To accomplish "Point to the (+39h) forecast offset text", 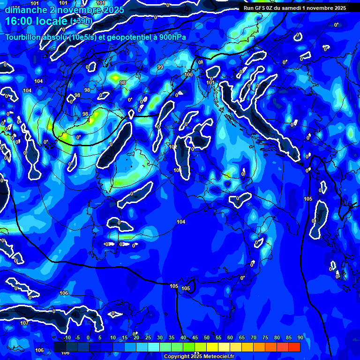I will click(82, 22).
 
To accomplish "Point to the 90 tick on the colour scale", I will click(300, 337).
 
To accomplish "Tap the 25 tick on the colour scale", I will click(148, 337).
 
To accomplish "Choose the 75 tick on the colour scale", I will click(265, 337).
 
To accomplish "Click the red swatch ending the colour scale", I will click(294, 347).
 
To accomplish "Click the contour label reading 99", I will click(160, 67).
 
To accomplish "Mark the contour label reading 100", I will click(189, 75).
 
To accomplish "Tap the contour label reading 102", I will click(173, 147).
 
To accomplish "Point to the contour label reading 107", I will click(24, 323).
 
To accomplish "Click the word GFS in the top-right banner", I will click(262, 8).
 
